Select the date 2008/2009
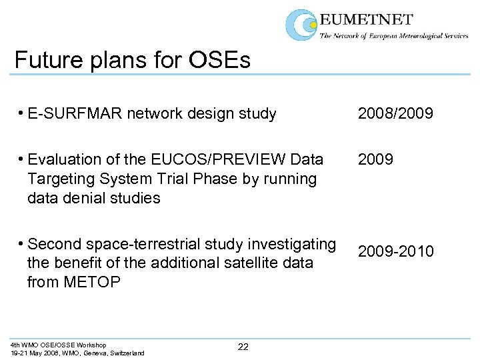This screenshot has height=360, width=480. (395, 114)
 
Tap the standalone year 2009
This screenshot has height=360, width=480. (376, 160)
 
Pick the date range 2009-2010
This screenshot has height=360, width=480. (395, 251)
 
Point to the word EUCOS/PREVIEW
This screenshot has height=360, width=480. (216, 160)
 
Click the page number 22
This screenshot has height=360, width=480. (243, 346)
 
